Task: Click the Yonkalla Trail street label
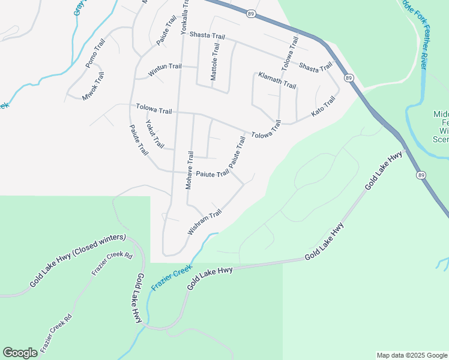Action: [185, 16]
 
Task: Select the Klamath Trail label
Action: [277, 80]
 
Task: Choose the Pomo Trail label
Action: [95, 53]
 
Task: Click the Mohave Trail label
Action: [190, 170]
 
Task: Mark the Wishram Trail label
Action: [205, 222]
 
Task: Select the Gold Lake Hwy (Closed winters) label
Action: [77, 259]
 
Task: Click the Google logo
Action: [20, 353]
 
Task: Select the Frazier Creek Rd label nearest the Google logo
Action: [56, 333]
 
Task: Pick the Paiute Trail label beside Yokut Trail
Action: [139, 140]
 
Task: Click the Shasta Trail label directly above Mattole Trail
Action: [207, 36]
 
